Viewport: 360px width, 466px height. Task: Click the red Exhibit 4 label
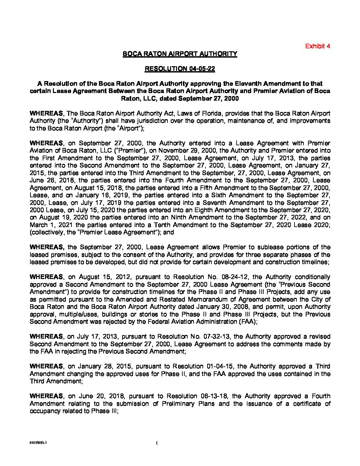[x=317, y=46]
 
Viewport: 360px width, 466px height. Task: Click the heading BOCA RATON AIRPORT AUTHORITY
[x=180, y=54]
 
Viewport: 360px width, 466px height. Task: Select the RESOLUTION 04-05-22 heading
[x=180, y=69]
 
